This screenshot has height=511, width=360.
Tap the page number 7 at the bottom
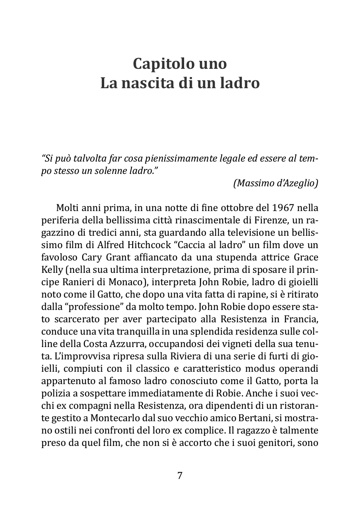pos(180,476)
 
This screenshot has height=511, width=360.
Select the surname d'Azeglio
pos(299,183)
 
